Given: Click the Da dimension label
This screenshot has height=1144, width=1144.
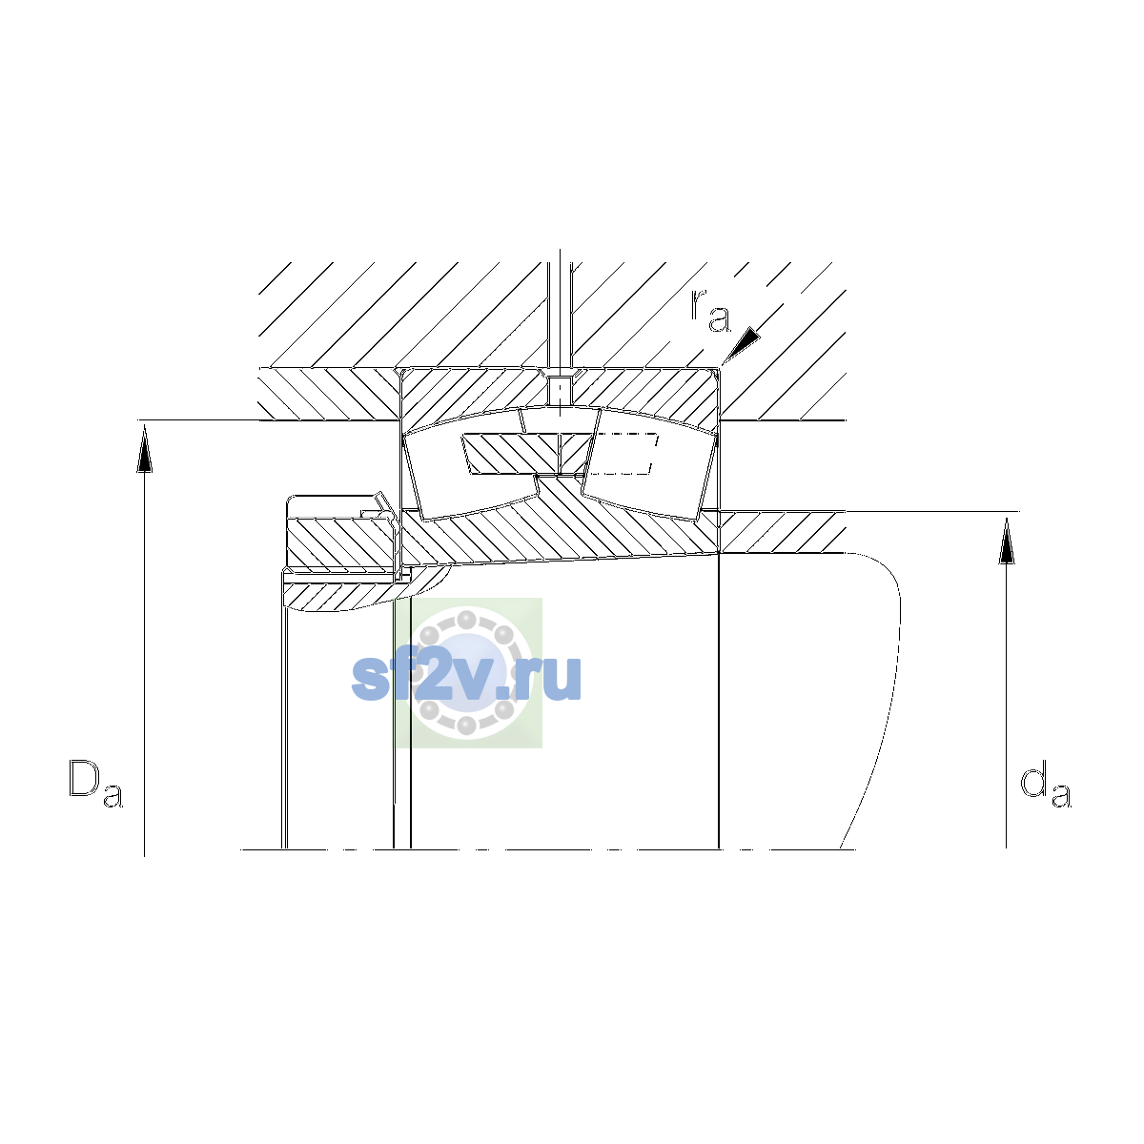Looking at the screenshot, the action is click(95, 784).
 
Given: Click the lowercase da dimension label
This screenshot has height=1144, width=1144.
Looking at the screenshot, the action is click(1046, 787).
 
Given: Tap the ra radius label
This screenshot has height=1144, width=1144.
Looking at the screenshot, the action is click(710, 312).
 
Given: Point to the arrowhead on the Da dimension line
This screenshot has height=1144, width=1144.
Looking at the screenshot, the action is click(144, 451).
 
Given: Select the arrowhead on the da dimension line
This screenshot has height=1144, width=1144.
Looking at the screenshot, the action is click(1007, 541).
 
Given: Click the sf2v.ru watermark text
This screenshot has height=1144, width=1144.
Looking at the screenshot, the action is click(466, 678).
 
